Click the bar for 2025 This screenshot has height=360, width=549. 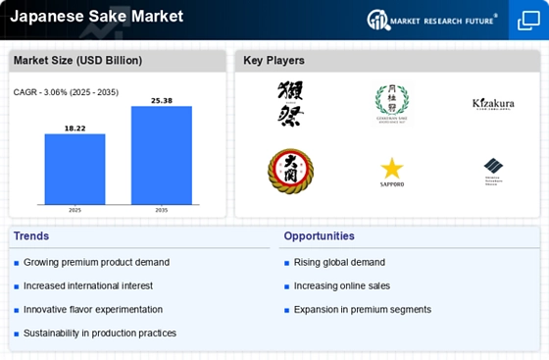tap(75, 169)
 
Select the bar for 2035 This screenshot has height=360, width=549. tap(161, 155)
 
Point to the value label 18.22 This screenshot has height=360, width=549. tap(75, 128)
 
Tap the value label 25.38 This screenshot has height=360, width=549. tap(161, 100)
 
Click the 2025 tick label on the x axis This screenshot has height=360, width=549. tap(75, 210)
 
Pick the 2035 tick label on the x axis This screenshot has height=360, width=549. tap(161, 210)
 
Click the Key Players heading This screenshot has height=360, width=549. tap(274, 61)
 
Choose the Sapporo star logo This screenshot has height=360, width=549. tap(392, 169)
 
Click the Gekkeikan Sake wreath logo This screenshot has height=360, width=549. tap(392, 100)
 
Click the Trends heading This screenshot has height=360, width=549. tap(32, 236)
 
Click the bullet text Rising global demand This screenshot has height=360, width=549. tap(338, 263)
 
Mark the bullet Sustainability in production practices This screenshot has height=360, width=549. tap(99, 334)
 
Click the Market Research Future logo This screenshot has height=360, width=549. tap(437, 20)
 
